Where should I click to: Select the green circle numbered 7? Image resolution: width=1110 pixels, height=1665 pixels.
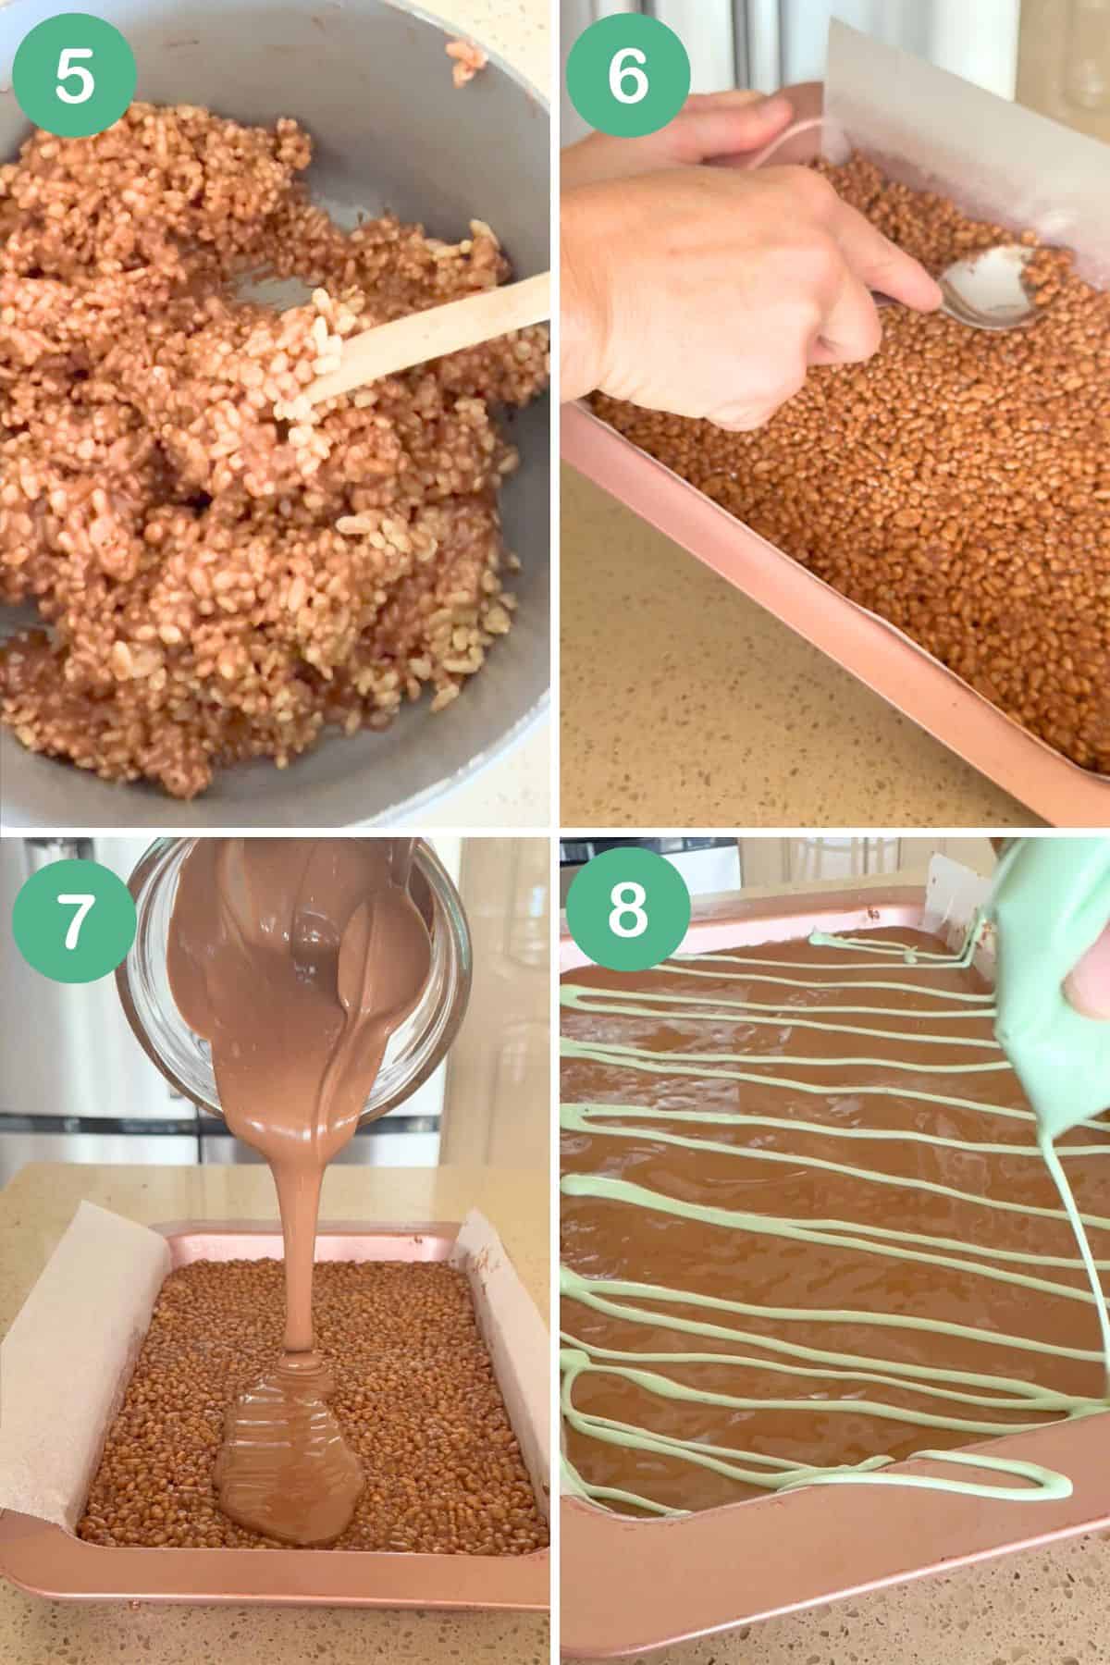[x=75, y=918]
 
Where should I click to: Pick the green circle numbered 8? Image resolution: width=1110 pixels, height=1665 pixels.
[x=628, y=918]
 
